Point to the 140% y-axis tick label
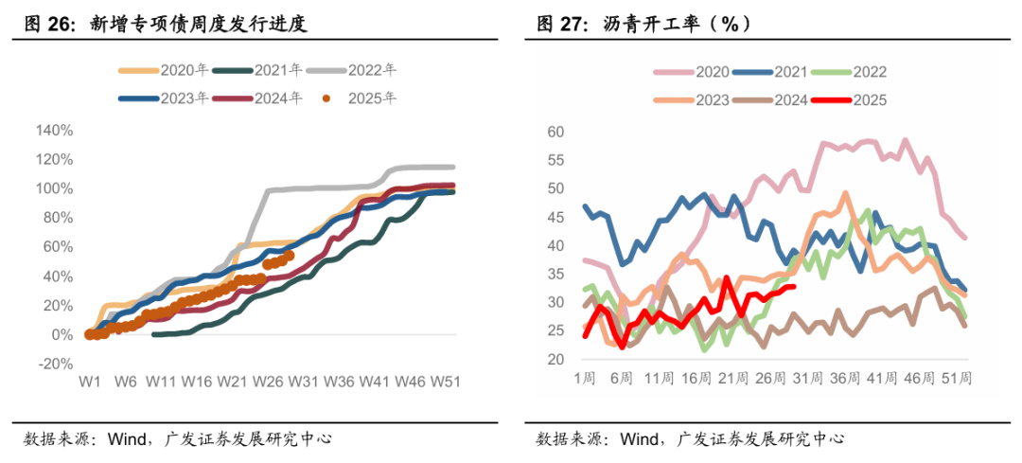[x=54, y=130]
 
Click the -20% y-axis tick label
[x=55, y=364]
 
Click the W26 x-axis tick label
[x=268, y=381]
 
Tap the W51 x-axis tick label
[x=445, y=381]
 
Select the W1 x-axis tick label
[x=90, y=381]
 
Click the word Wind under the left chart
[x=126, y=439]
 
